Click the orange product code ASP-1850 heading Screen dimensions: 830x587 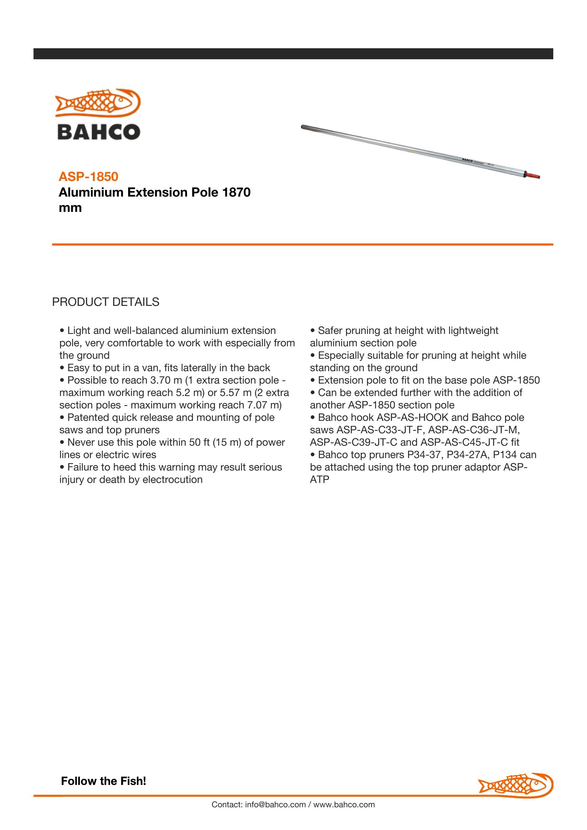tap(88, 176)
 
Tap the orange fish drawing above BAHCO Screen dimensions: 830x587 tap(98, 103)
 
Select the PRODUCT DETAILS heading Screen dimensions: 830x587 tap(105, 302)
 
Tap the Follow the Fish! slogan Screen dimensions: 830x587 tap(103, 781)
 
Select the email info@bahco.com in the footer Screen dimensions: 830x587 tap(275, 804)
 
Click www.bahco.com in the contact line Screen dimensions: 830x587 tap(344, 804)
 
